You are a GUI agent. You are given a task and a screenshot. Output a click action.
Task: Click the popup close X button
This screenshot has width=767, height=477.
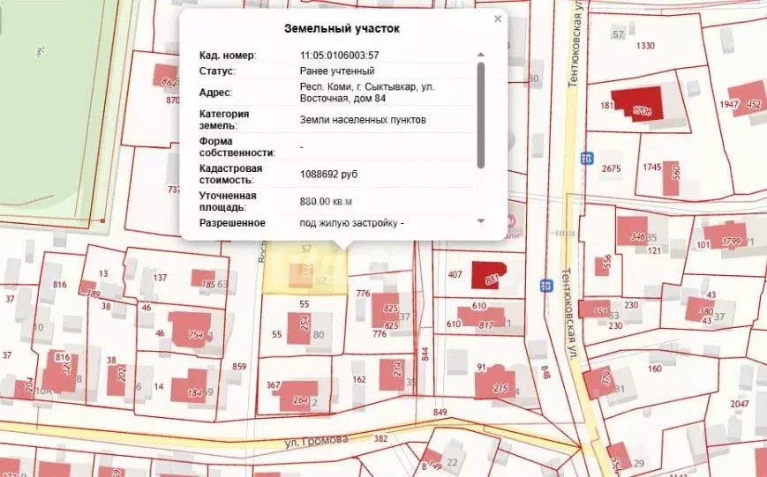pyautogui.click(x=498, y=19)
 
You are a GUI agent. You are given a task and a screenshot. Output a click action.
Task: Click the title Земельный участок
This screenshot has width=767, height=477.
pyautogui.click(x=342, y=28)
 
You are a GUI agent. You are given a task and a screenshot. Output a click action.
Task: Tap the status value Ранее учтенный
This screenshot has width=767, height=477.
pyautogui.click(x=337, y=71)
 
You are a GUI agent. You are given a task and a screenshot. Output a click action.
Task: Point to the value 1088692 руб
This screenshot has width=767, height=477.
pyautogui.click(x=328, y=175)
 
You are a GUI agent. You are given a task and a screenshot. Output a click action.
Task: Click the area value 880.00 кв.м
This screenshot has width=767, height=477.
pyautogui.click(x=332, y=202)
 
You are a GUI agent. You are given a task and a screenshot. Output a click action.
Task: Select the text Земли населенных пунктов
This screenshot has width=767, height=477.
pyautogui.click(x=363, y=119)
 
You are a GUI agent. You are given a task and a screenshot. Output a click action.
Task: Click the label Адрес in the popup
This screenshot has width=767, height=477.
pyautogui.click(x=215, y=92)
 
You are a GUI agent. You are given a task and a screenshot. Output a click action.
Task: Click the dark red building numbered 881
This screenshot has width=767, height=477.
pyautogui.click(x=488, y=274)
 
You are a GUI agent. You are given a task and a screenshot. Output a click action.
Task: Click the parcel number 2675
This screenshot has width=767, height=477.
pyautogui.click(x=611, y=168)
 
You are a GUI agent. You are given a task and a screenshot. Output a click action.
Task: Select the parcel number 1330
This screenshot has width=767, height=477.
pyautogui.click(x=646, y=46)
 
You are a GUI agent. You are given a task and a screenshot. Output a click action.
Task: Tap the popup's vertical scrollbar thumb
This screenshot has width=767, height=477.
pyautogui.click(x=481, y=115)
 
